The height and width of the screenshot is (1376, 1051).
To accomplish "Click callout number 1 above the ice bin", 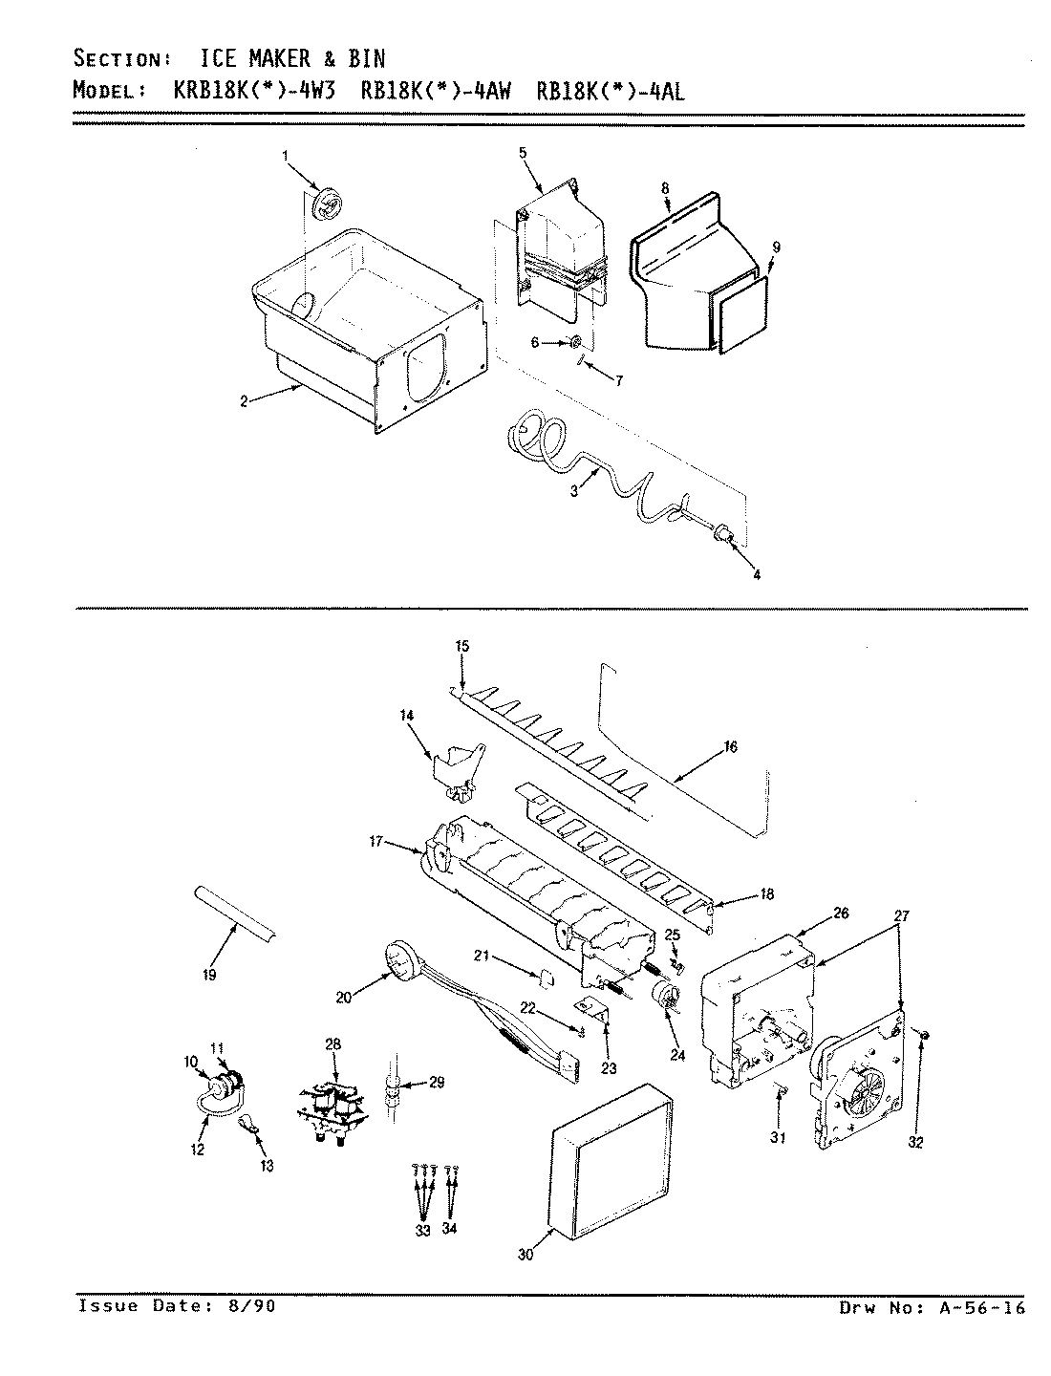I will pyautogui.click(x=284, y=154).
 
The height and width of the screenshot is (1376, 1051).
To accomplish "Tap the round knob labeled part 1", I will pyautogui.click(x=328, y=204).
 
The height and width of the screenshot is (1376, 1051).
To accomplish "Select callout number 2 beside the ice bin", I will pyautogui.click(x=244, y=402).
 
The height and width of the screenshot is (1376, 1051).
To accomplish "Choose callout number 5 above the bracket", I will pyautogui.click(x=523, y=153).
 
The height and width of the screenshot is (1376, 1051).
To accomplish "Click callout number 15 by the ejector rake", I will pyautogui.click(x=461, y=647).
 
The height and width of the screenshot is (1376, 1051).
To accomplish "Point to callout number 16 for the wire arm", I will pyautogui.click(x=731, y=747).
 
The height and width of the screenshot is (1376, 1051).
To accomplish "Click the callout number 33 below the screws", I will pyautogui.click(x=423, y=1229).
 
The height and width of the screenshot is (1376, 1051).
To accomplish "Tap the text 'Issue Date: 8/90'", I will pyautogui.click(x=177, y=1306).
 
